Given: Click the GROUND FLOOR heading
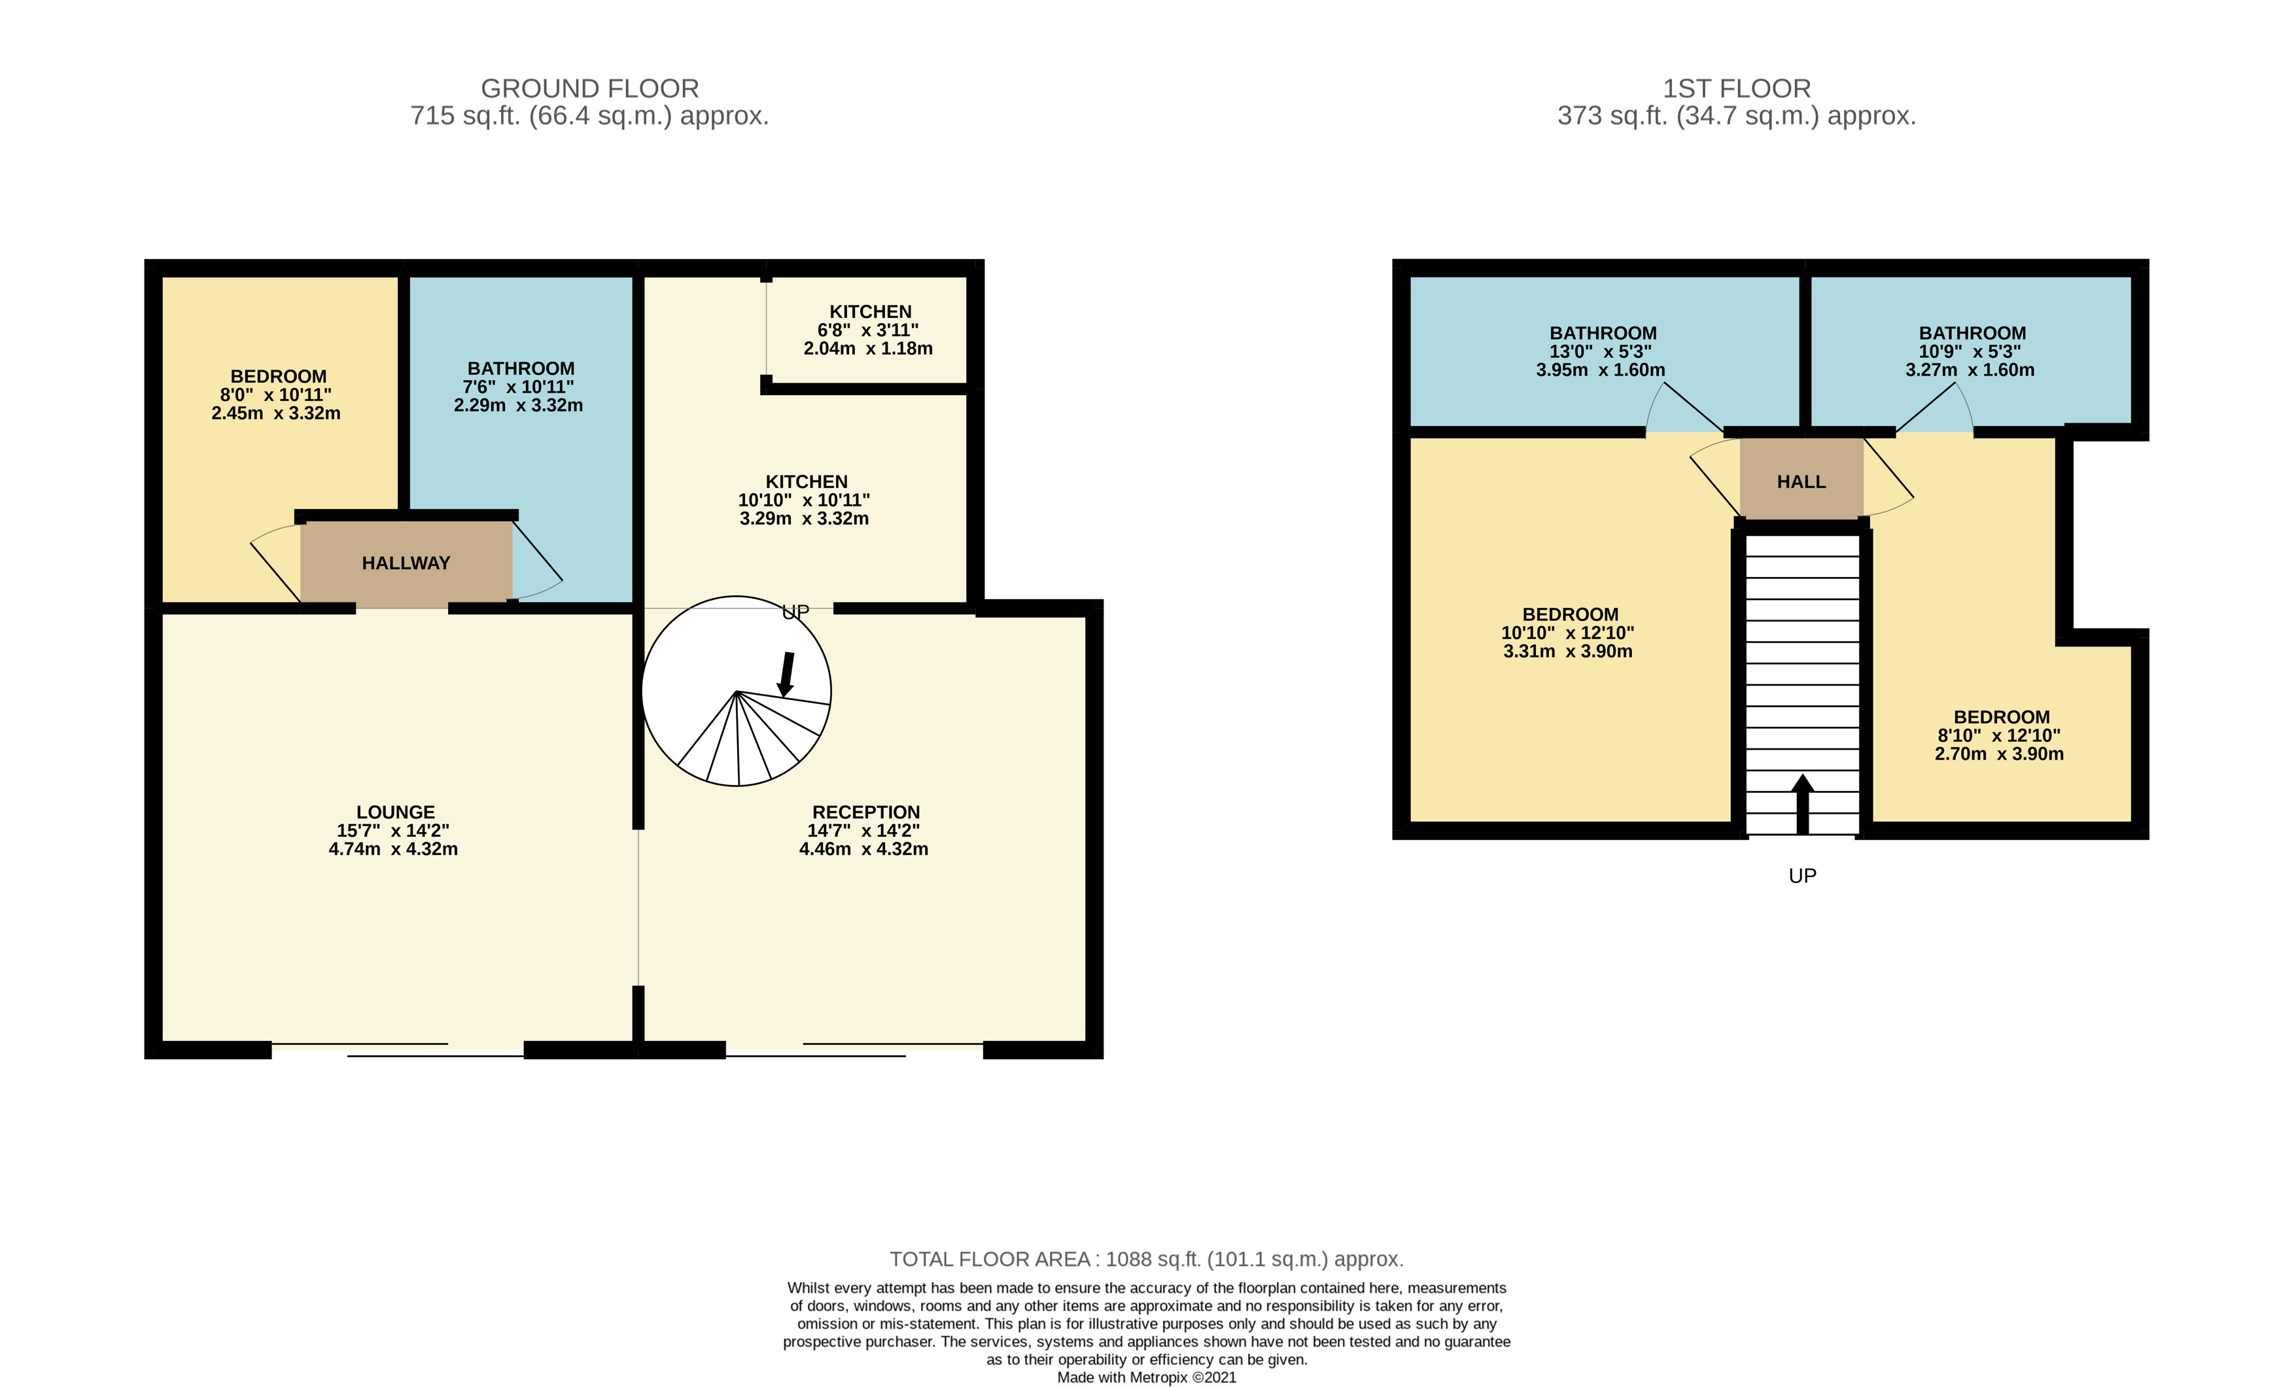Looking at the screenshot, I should pyautogui.click(x=589, y=88).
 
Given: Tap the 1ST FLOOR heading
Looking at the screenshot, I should pyautogui.click(x=1736, y=88).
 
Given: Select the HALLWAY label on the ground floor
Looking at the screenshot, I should pyautogui.click(x=406, y=563).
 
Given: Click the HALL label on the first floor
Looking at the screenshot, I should pyautogui.click(x=1801, y=482).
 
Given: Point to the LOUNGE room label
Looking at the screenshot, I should pyautogui.click(x=394, y=813).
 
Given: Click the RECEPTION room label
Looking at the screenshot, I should pyautogui.click(x=866, y=813).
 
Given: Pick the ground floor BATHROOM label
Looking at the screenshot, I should pyautogui.click(x=521, y=368).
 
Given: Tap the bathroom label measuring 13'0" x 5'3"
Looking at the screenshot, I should pyautogui.click(x=1602, y=333).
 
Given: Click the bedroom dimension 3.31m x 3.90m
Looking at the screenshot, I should pyautogui.click(x=1568, y=652).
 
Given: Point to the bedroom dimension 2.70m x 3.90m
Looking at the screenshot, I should pyautogui.click(x=1999, y=754).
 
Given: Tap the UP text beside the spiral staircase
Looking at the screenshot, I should pyautogui.click(x=795, y=612).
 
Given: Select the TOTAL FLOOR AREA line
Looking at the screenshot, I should pyautogui.click(x=1146, y=1259).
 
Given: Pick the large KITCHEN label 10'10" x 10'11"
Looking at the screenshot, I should pyautogui.click(x=807, y=482).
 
